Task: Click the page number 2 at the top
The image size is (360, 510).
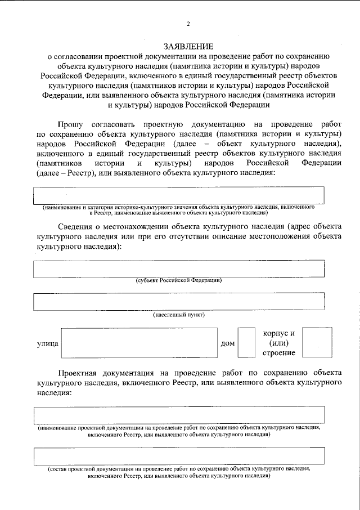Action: [188, 23]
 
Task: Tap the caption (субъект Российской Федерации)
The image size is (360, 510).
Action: [179, 280]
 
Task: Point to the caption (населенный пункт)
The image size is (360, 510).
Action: [179, 314]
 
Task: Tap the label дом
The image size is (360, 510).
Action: [228, 343]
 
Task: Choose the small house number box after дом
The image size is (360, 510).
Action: [246, 342]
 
